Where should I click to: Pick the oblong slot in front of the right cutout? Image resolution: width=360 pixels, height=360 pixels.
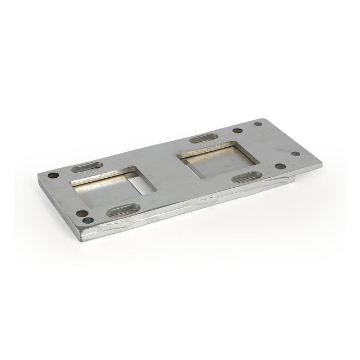(x=248, y=177)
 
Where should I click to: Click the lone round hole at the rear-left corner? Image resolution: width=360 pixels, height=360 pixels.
(x=53, y=175)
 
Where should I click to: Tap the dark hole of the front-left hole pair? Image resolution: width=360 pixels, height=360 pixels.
(x=83, y=213)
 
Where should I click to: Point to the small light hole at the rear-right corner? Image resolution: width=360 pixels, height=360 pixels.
(x=256, y=125)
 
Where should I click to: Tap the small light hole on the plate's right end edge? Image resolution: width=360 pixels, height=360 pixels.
(x=295, y=153)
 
